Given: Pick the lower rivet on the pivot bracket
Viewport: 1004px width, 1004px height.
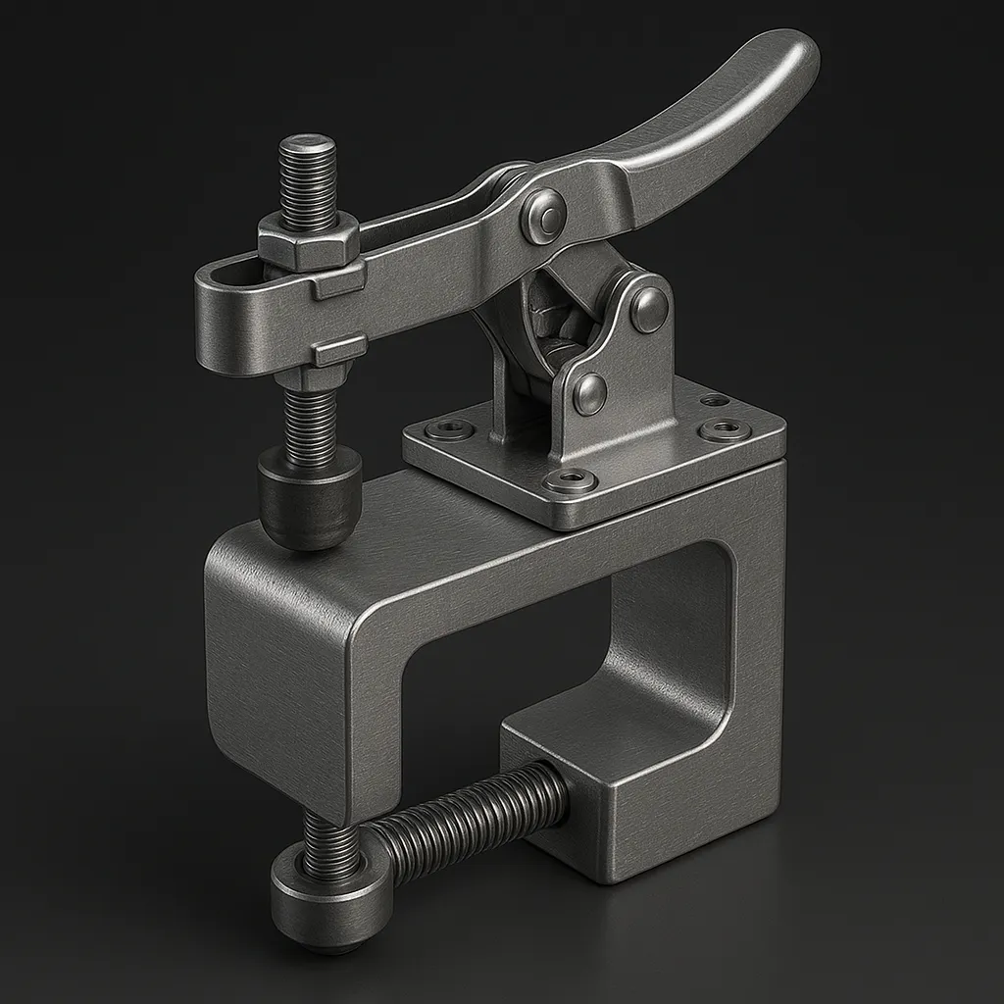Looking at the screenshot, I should [588, 392].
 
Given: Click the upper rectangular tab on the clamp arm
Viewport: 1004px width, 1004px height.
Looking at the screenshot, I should [338, 283].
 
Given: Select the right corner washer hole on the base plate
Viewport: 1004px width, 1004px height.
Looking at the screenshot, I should [726, 429].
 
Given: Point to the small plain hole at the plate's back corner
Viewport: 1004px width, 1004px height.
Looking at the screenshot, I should [715, 400].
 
